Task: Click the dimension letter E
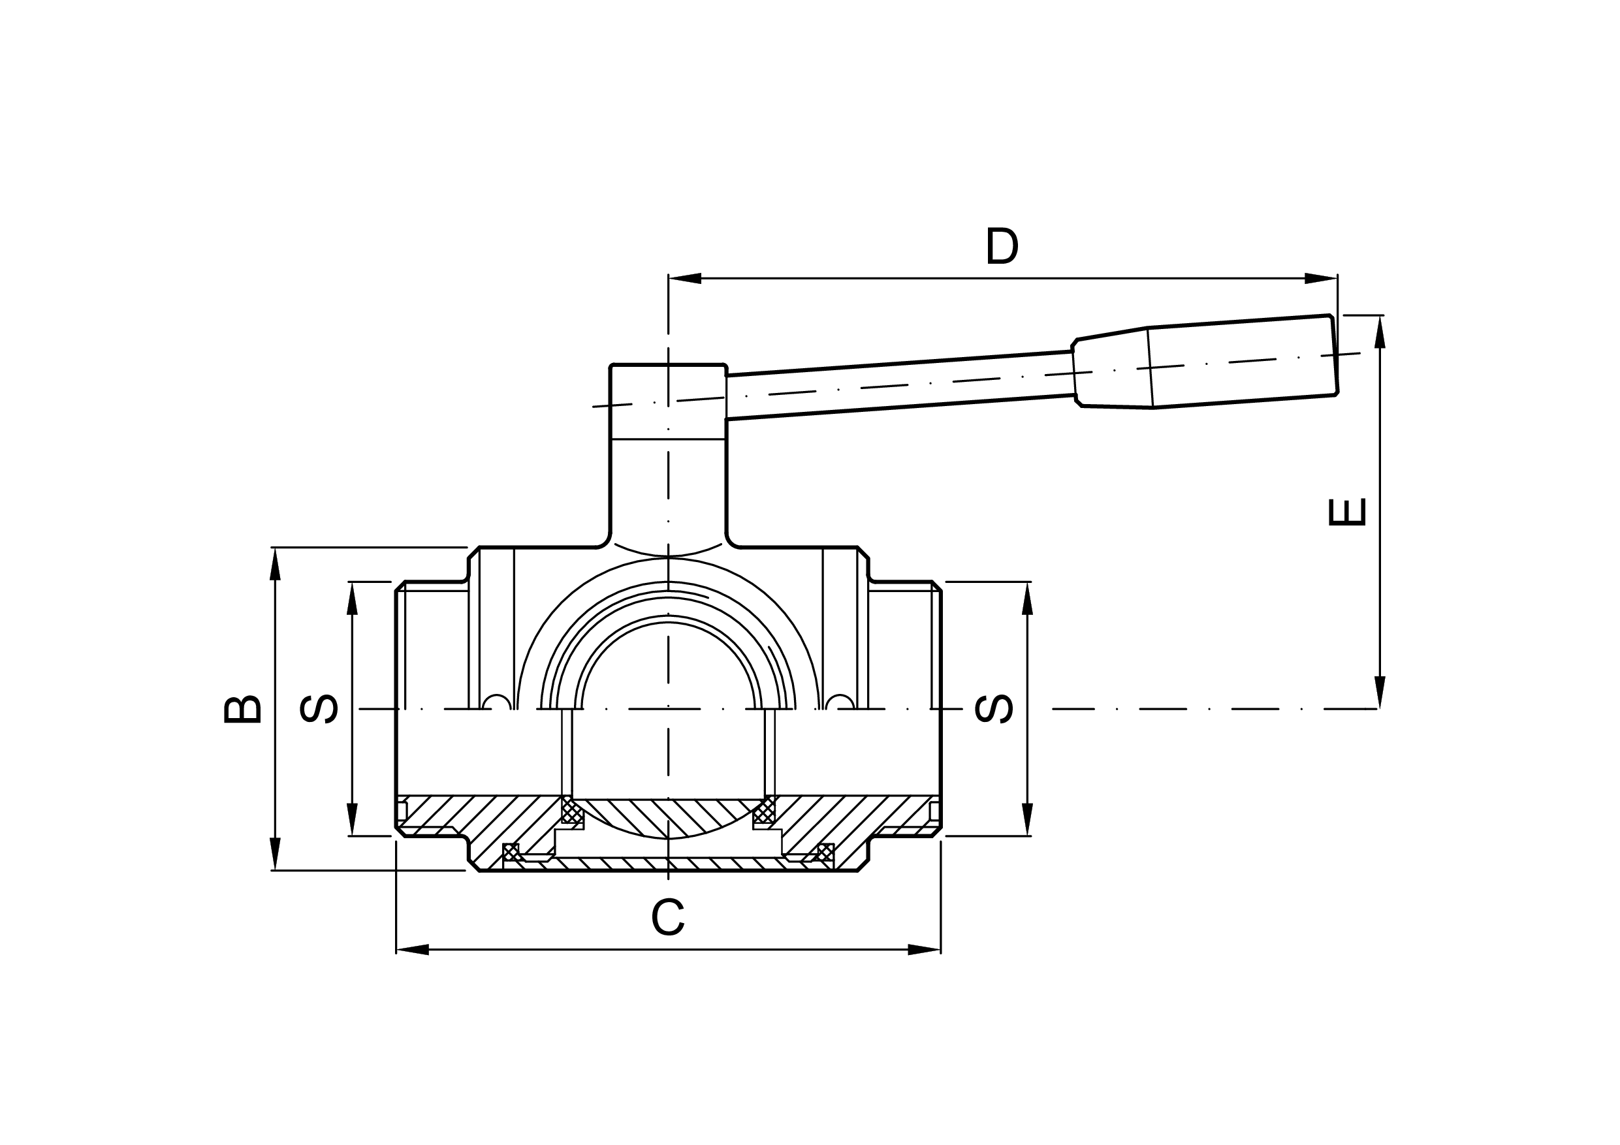1347,513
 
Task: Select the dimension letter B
243,710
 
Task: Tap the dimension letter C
667,917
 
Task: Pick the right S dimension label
994,709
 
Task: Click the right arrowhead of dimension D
1321,278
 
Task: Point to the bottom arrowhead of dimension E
1380,692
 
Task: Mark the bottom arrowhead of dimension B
275,854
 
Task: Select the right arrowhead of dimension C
925,950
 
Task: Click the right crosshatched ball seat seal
764,812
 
